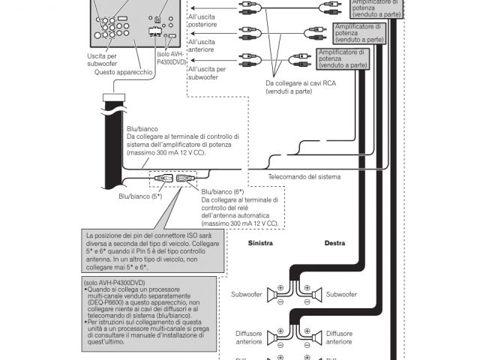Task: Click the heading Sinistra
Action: tap(260, 244)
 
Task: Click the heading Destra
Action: tap(334, 244)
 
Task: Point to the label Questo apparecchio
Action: tap(124, 72)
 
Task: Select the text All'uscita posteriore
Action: tap(202, 20)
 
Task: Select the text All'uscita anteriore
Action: tap(202, 46)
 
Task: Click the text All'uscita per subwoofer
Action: tap(203, 73)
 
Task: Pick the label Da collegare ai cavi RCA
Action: tap(299, 87)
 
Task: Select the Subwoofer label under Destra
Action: tap(341, 295)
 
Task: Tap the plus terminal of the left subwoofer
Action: tap(280, 288)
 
